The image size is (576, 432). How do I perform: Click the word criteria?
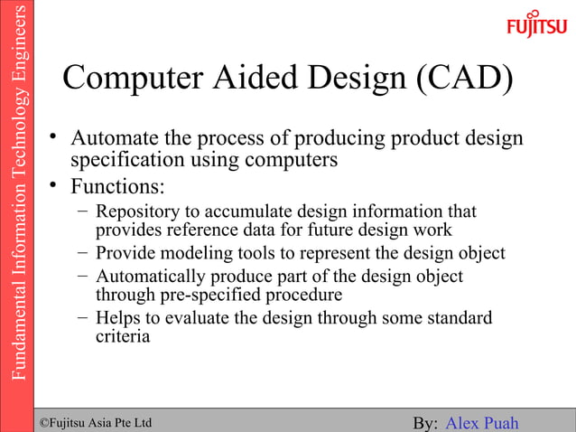coord(123,336)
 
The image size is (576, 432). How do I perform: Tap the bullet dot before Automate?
coord(55,137)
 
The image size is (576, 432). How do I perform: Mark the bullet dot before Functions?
coord(55,186)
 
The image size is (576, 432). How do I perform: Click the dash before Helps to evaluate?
coord(82,318)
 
